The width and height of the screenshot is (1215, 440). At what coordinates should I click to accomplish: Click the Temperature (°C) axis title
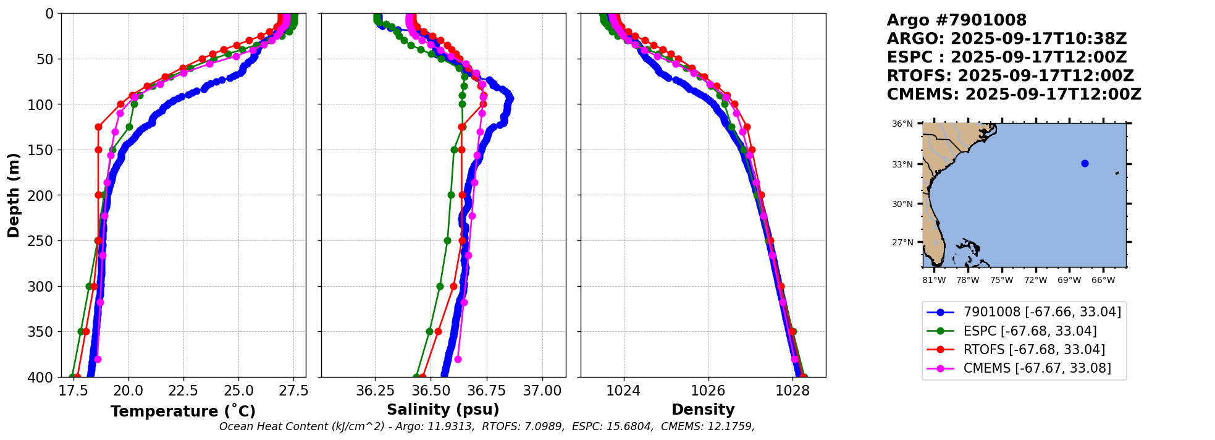click(x=183, y=412)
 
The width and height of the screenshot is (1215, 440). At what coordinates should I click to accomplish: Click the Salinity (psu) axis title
click(x=443, y=410)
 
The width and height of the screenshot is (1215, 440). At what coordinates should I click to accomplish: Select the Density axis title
click(x=703, y=410)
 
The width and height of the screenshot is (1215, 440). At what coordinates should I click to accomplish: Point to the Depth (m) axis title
click(x=14, y=195)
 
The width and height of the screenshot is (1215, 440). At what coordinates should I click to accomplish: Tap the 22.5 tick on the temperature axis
click(x=183, y=391)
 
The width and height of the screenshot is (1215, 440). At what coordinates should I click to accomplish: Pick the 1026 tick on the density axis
click(x=708, y=391)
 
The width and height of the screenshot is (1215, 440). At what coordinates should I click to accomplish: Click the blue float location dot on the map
click(x=1085, y=164)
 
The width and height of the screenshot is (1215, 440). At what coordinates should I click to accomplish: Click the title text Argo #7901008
click(x=956, y=20)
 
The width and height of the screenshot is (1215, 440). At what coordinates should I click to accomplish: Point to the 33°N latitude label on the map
click(x=902, y=164)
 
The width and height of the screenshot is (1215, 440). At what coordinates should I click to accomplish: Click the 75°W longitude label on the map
click(x=1001, y=281)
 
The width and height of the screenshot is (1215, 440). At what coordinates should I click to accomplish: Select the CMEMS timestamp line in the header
click(x=1014, y=95)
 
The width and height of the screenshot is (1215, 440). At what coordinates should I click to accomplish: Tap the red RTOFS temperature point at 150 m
click(x=98, y=150)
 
